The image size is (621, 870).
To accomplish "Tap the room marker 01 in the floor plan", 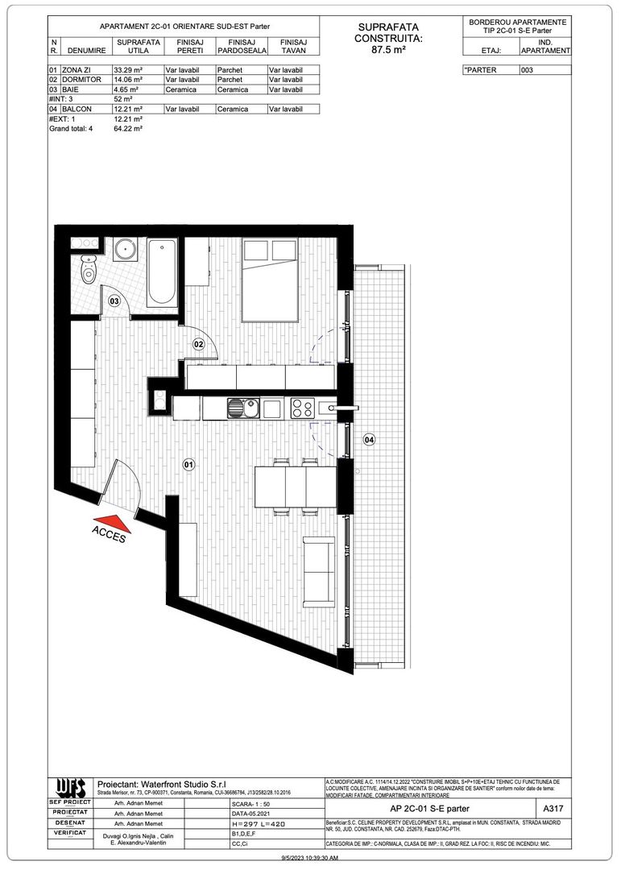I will point(189,465).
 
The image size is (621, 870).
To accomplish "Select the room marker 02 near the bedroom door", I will point(198,344).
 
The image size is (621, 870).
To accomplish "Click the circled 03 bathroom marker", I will point(114,300).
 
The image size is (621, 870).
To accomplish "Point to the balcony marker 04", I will point(369,440).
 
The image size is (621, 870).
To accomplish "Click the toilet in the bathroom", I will point(89,271).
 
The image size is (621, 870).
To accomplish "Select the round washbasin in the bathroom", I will point(126,249).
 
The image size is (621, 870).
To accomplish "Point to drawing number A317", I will point(553,808).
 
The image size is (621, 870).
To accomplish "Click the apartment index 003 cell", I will point(545,70).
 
